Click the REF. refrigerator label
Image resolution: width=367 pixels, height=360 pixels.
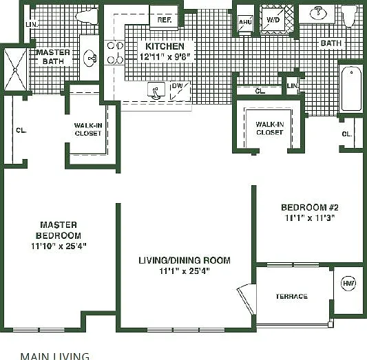click(165, 20)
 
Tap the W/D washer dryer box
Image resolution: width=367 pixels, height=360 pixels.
click(273, 20)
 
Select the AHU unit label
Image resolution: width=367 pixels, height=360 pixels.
click(245, 22)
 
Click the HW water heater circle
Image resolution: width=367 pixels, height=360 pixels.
click(348, 284)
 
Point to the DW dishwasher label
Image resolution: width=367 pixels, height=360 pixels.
click(177, 86)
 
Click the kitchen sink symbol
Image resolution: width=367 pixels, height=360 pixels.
click(156, 91)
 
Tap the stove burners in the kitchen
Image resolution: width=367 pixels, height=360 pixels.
click(115, 53)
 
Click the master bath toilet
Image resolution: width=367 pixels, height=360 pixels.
click(87, 17)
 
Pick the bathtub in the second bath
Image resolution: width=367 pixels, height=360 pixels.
click(351, 88)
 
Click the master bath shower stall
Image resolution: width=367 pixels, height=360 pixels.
click(15, 70)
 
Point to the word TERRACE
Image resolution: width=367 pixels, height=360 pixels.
click(292, 297)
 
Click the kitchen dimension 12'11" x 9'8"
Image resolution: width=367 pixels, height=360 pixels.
click(165, 57)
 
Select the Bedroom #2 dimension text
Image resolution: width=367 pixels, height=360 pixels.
click(310, 218)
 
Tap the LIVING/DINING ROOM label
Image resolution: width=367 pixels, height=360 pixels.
click(185, 260)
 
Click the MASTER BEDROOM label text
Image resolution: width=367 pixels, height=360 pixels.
click(59, 230)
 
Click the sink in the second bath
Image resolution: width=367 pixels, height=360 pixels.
click(318, 13)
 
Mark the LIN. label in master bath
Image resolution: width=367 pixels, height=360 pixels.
click(32, 25)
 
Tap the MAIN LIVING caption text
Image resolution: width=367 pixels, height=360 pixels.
click(55, 356)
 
